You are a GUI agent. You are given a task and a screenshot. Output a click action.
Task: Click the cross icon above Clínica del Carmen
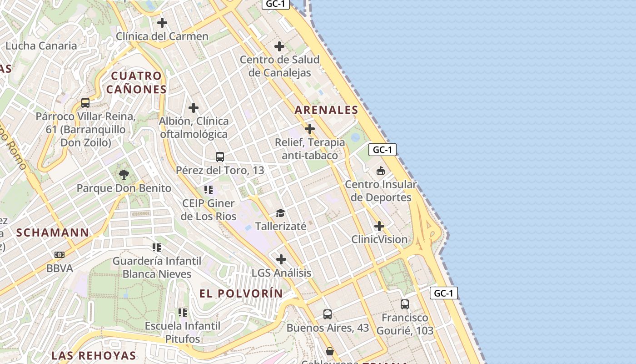tap(162, 22)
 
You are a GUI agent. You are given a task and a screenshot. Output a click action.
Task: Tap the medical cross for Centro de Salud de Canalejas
tap(279, 46)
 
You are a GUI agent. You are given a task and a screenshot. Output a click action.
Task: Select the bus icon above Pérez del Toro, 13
tap(220, 157)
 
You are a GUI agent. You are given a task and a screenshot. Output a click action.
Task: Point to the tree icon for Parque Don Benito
tap(124, 174)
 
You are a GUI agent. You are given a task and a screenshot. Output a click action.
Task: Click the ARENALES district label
tap(326, 110)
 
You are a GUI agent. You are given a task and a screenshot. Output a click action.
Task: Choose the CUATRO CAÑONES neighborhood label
tap(136, 82)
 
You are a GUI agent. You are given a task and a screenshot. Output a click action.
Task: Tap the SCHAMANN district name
tap(53, 233)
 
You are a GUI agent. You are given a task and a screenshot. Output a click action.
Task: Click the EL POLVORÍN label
tap(241, 293)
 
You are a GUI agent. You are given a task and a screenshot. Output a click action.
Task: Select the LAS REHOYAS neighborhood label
tap(94, 355)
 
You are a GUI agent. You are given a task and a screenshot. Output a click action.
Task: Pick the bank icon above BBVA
tap(60, 255)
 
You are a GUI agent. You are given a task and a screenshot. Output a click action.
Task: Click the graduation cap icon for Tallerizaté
tap(280, 213)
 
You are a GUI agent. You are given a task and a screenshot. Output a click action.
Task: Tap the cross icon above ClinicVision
tap(379, 226)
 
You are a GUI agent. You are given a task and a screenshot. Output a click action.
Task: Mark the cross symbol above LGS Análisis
tap(281, 259)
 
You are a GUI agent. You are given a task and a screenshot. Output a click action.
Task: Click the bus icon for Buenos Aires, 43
tap(328, 314)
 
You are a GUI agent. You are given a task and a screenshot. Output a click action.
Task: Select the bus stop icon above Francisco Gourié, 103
tap(405, 304)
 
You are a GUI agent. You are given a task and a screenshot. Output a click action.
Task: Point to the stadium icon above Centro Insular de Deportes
tap(380, 171)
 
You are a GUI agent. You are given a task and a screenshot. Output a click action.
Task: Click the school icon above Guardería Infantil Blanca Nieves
tap(157, 247)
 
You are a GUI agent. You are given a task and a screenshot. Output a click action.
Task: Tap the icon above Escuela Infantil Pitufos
tap(183, 312)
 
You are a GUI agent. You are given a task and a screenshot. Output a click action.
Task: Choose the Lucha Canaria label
tap(41, 45)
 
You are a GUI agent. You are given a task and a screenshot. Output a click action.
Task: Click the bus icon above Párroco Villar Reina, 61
tap(85, 102)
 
